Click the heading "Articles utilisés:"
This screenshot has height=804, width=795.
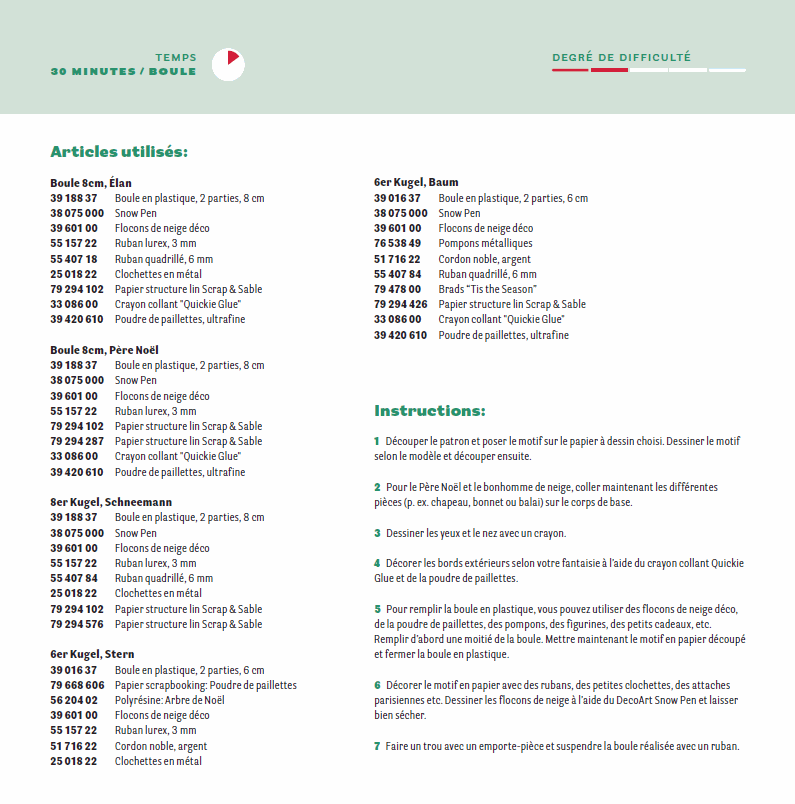click(119, 152)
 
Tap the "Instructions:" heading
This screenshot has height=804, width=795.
click(430, 410)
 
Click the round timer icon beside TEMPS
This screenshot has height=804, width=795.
click(229, 64)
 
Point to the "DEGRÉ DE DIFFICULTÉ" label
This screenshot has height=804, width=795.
click(621, 58)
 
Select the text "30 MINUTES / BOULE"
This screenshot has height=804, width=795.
click(124, 72)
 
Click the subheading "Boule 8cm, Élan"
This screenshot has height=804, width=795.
click(91, 183)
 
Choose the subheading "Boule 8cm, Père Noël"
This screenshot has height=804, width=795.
click(105, 350)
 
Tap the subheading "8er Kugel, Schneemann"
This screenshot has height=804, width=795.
click(111, 502)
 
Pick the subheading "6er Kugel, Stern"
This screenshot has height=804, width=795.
click(92, 654)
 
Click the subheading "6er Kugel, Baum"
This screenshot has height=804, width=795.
click(416, 182)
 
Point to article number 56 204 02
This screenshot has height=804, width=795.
click(73, 700)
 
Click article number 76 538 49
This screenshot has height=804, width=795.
click(397, 243)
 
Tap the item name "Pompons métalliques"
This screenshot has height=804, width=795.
click(485, 243)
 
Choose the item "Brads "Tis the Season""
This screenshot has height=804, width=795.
click(487, 289)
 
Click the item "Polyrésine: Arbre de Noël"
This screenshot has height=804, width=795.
click(169, 700)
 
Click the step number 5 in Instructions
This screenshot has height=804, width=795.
click(377, 609)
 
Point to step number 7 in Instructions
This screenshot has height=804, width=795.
click(377, 746)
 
